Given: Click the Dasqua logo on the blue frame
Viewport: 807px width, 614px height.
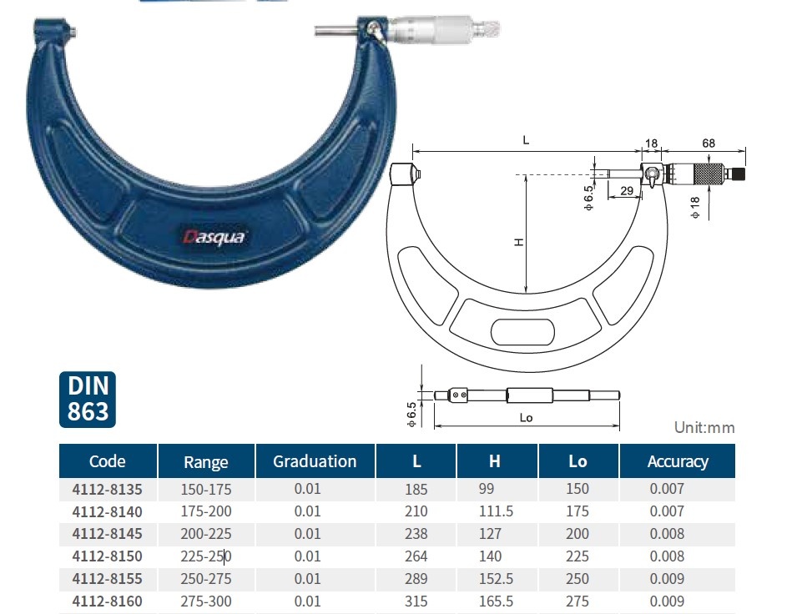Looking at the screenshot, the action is coord(214,237).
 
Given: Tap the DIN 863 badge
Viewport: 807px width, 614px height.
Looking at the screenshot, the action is coord(88,400).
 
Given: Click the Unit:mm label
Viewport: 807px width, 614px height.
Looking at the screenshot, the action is coord(704,428).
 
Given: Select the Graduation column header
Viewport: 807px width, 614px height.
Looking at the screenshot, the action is coord(315,461).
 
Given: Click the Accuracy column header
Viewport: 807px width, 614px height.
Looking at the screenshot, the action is coord(678,461).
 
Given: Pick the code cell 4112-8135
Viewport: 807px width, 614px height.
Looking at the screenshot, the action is coord(107,489).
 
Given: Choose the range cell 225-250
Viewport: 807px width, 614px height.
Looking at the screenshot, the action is coord(206,556).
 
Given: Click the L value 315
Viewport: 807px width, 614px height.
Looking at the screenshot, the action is coord(416,601).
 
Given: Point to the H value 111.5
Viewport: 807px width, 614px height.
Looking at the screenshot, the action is coord(496,511).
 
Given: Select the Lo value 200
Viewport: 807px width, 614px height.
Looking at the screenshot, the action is coord(577,534).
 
